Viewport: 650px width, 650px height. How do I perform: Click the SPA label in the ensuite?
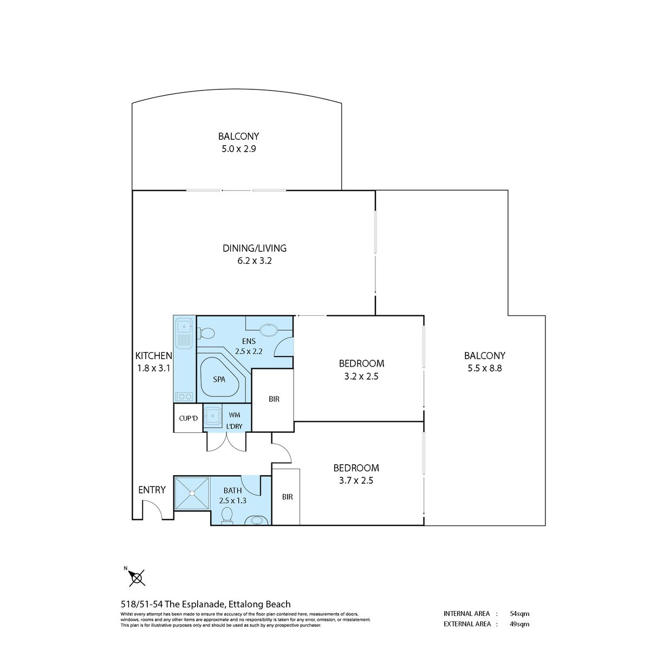pyautogui.click(x=219, y=380)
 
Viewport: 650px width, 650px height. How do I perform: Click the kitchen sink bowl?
pyautogui.click(x=184, y=327)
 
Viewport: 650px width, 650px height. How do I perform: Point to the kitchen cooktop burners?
pyautogui.click(x=184, y=396)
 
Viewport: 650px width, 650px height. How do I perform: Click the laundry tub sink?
pyautogui.click(x=212, y=416)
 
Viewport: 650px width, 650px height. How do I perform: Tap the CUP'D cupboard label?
pyautogui.click(x=188, y=418)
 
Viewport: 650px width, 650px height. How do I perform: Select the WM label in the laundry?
pyautogui.click(x=235, y=415)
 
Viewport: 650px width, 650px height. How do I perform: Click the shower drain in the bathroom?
pyautogui.click(x=192, y=493)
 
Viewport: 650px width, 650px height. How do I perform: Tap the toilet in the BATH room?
pyautogui.click(x=227, y=516)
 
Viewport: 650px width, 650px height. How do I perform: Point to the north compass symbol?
pyautogui.click(x=136, y=577)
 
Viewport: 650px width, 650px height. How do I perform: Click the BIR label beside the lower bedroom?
pyautogui.click(x=288, y=497)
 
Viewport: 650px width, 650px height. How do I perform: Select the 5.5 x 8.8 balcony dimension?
pyautogui.click(x=485, y=368)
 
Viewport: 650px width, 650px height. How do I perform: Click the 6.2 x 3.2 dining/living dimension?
pyautogui.click(x=255, y=261)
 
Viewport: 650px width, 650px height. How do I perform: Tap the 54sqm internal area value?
pyautogui.click(x=519, y=614)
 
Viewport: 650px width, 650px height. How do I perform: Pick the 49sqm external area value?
pyautogui.click(x=519, y=624)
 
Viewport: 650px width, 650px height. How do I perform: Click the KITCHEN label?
pyautogui.click(x=154, y=355)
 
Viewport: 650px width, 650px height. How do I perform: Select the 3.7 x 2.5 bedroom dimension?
pyautogui.click(x=356, y=480)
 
